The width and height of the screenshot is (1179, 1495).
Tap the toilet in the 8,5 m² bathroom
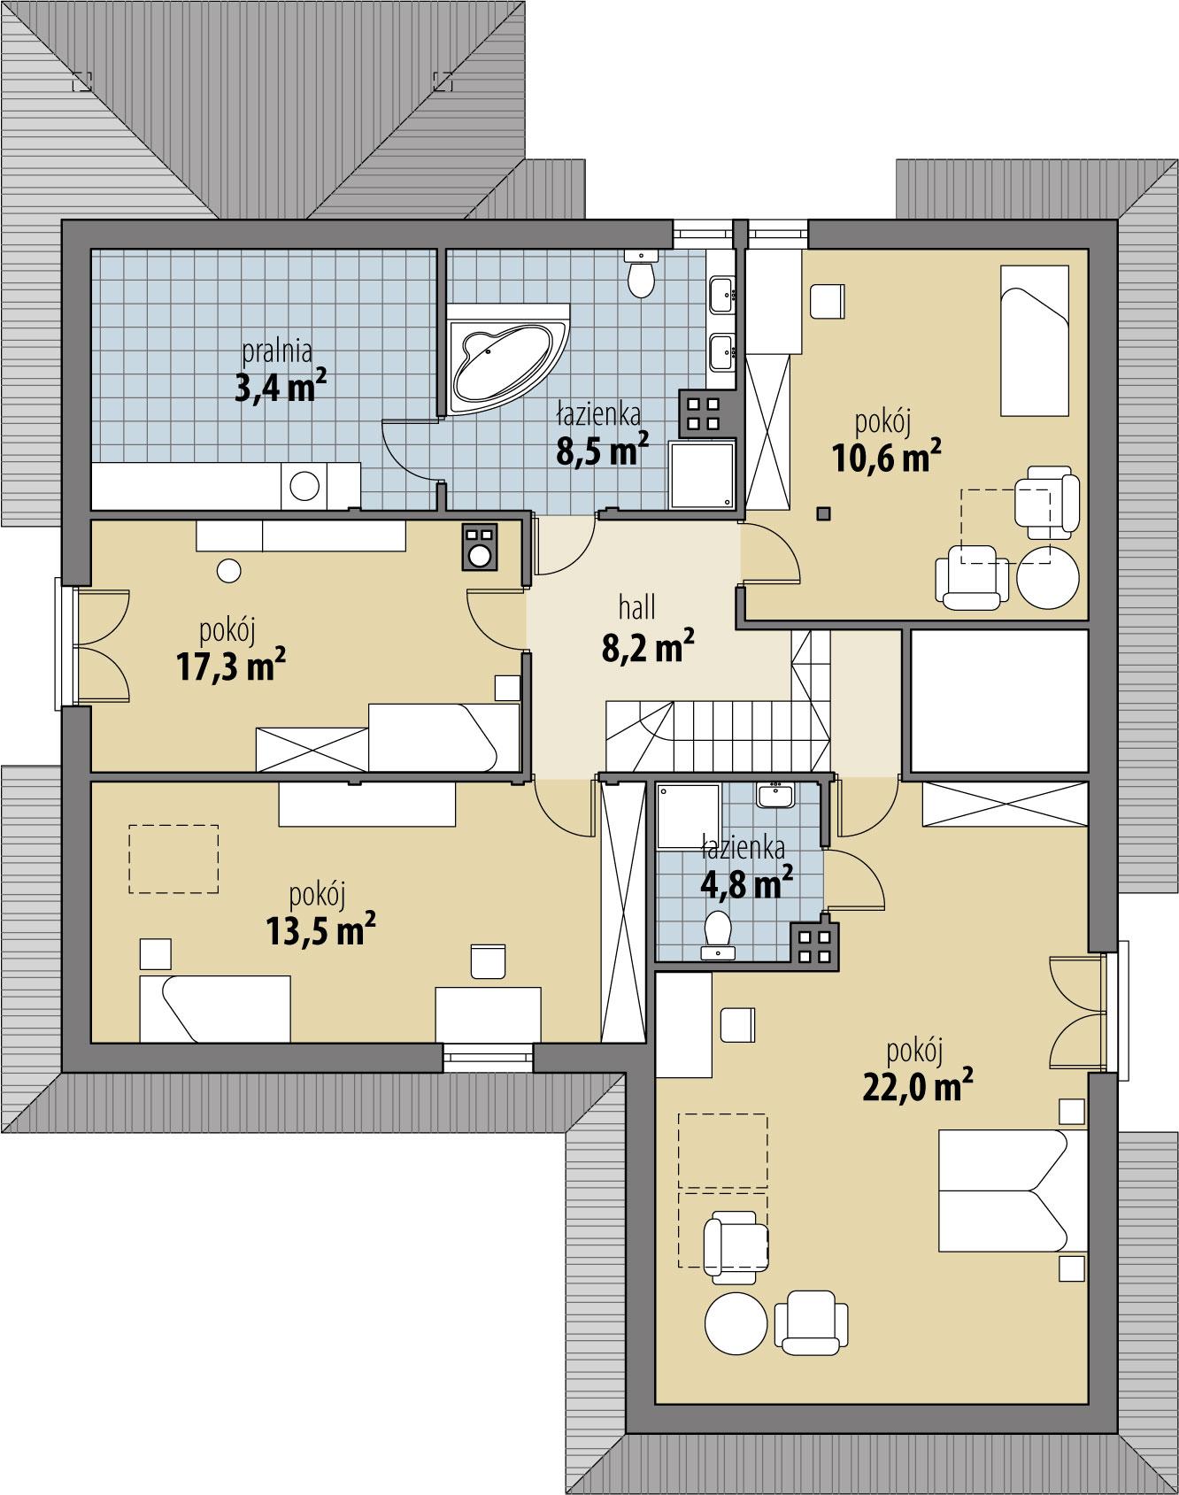(640, 275)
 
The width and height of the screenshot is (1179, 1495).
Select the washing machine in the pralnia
(305, 487)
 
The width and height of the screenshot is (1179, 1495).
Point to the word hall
(637, 607)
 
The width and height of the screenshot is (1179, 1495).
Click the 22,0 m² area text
(912, 1085)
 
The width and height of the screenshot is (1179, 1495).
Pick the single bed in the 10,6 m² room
(1035, 340)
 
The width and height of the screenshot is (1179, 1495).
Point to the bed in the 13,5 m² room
(216, 1009)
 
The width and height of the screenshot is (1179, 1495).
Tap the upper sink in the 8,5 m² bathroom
(721, 293)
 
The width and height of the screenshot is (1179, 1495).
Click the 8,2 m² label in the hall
(647, 648)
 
